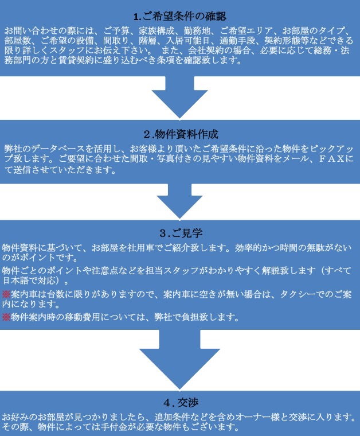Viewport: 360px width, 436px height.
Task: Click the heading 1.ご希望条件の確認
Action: click(180, 17)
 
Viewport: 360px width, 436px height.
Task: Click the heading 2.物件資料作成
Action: click(181, 134)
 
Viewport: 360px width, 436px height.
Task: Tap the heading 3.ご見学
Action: click(181, 233)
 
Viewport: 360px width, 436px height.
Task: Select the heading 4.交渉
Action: click(181, 402)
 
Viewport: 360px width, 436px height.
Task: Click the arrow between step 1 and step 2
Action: click(180, 98)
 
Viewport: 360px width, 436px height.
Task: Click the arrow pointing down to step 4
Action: click(180, 359)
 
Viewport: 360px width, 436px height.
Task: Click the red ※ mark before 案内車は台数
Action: click(6, 294)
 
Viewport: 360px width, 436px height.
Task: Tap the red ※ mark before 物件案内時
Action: click(6, 317)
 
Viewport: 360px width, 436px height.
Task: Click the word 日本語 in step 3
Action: click(15, 281)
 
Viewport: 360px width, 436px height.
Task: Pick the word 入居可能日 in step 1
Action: click(188, 41)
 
